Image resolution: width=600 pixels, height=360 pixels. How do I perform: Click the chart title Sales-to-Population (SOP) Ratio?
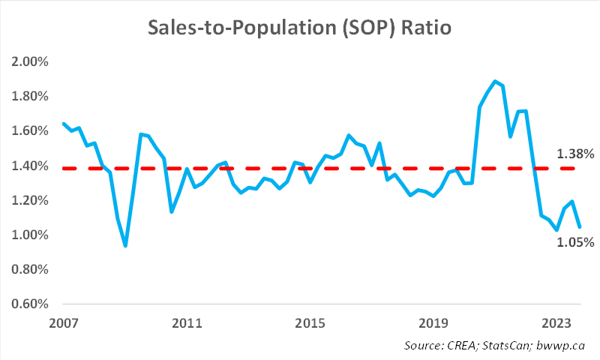coord(300,28)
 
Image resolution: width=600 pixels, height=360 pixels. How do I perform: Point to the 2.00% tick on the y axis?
coord(30,61)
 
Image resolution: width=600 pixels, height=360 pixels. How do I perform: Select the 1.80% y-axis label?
coord(30,96)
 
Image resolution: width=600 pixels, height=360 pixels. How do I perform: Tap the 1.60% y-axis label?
coord(30,130)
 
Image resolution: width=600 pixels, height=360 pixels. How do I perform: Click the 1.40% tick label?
coord(30,166)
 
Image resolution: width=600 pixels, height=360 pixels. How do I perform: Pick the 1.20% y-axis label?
coord(30,200)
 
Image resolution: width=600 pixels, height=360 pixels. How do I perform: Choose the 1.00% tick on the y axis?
coord(30,235)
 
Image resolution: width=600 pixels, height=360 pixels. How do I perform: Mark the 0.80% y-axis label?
coord(30,269)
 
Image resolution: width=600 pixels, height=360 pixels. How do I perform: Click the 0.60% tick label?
coord(30,304)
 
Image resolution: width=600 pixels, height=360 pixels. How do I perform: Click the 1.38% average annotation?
coord(575,154)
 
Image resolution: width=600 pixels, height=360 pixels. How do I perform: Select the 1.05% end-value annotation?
coord(575,242)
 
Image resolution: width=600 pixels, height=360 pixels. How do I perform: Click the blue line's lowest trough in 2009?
coord(125,245)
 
